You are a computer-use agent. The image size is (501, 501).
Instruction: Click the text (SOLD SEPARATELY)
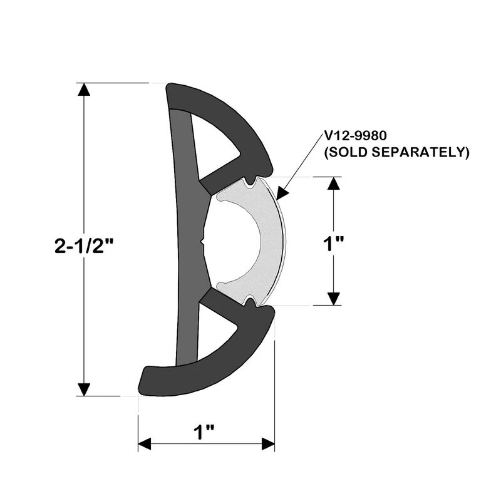[x=396, y=152]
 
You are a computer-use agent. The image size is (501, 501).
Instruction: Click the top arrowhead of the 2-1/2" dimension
[x=85, y=90]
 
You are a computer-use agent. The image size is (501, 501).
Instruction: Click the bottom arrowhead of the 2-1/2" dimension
[x=85, y=389]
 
